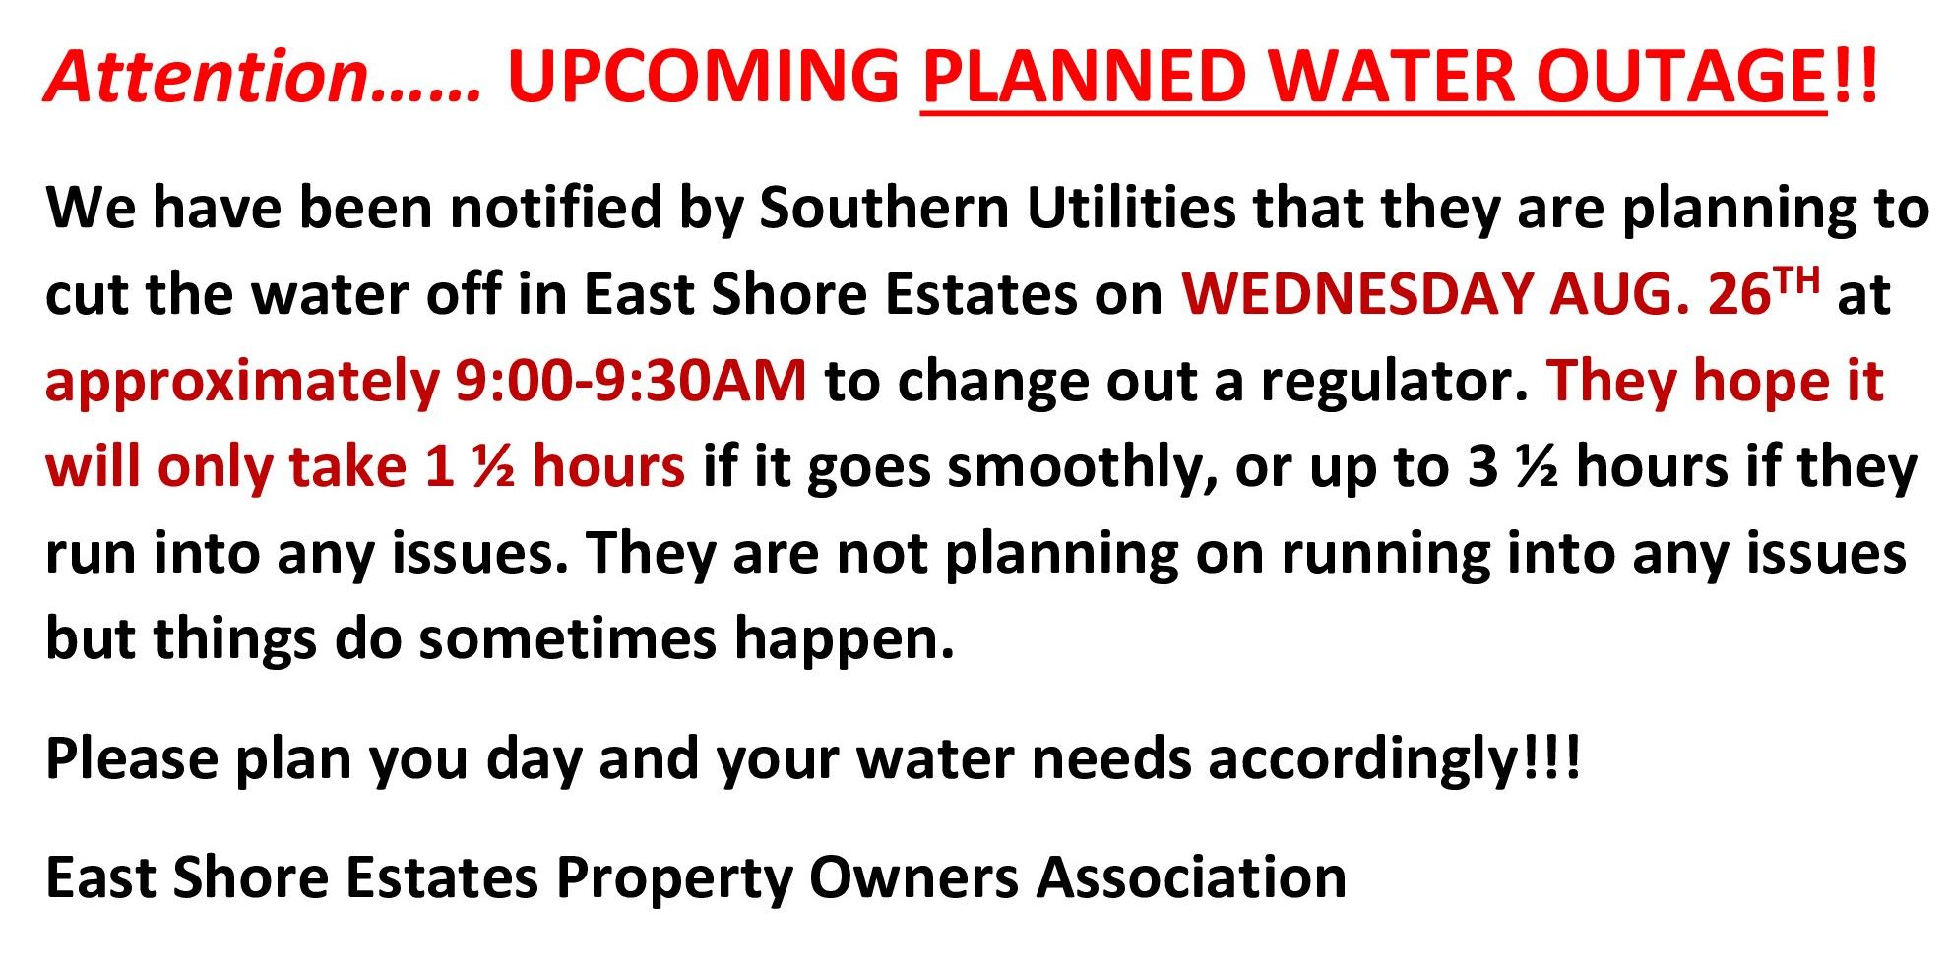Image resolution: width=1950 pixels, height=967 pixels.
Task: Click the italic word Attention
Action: tap(207, 76)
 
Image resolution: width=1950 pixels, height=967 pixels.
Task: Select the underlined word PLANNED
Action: tap(1084, 76)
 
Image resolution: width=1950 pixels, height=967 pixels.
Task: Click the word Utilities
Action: tap(1130, 208)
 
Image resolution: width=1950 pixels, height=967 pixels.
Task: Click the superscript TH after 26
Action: tap(1797, 281)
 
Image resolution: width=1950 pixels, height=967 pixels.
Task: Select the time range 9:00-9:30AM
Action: tap(630, 381)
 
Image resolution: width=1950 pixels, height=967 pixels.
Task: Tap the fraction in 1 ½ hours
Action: tap(492, 466)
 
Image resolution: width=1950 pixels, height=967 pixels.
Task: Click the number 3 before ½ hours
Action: tap(1482, 466)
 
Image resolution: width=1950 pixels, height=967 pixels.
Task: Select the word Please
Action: tap(132, 758)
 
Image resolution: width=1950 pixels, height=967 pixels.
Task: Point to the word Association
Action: tap(1191, 876)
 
